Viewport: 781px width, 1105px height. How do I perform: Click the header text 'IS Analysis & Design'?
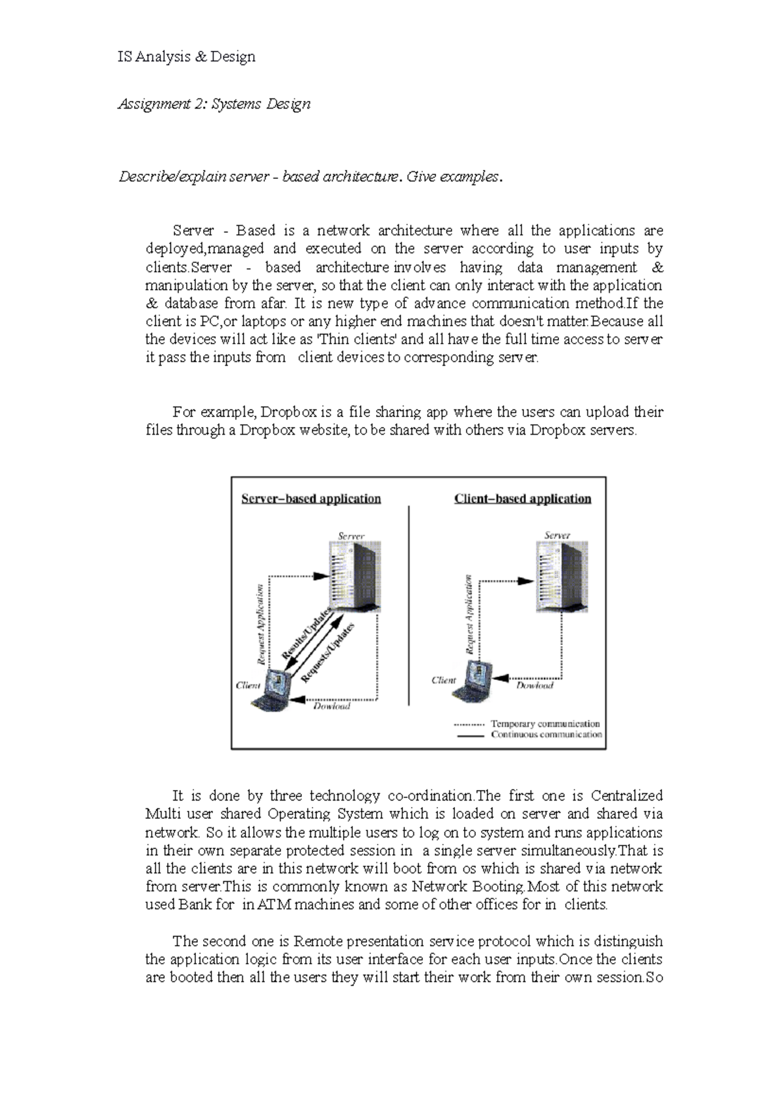pos(186,57)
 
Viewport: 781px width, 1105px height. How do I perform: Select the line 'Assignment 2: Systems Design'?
pos(213,103)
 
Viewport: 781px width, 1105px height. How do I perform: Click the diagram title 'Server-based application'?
pos(310,498)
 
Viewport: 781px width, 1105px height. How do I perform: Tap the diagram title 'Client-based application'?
pos(522,498)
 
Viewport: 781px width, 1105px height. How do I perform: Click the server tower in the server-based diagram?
pos(355,577)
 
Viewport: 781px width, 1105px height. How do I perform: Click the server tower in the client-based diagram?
pos(562,577)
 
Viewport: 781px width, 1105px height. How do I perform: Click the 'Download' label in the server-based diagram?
pos(331,706)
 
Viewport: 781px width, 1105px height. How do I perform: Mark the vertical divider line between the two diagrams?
pos(409,605)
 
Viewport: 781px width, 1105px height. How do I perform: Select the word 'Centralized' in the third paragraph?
pos(626,796)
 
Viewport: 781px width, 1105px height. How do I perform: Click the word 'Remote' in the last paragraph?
pos(318,941)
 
